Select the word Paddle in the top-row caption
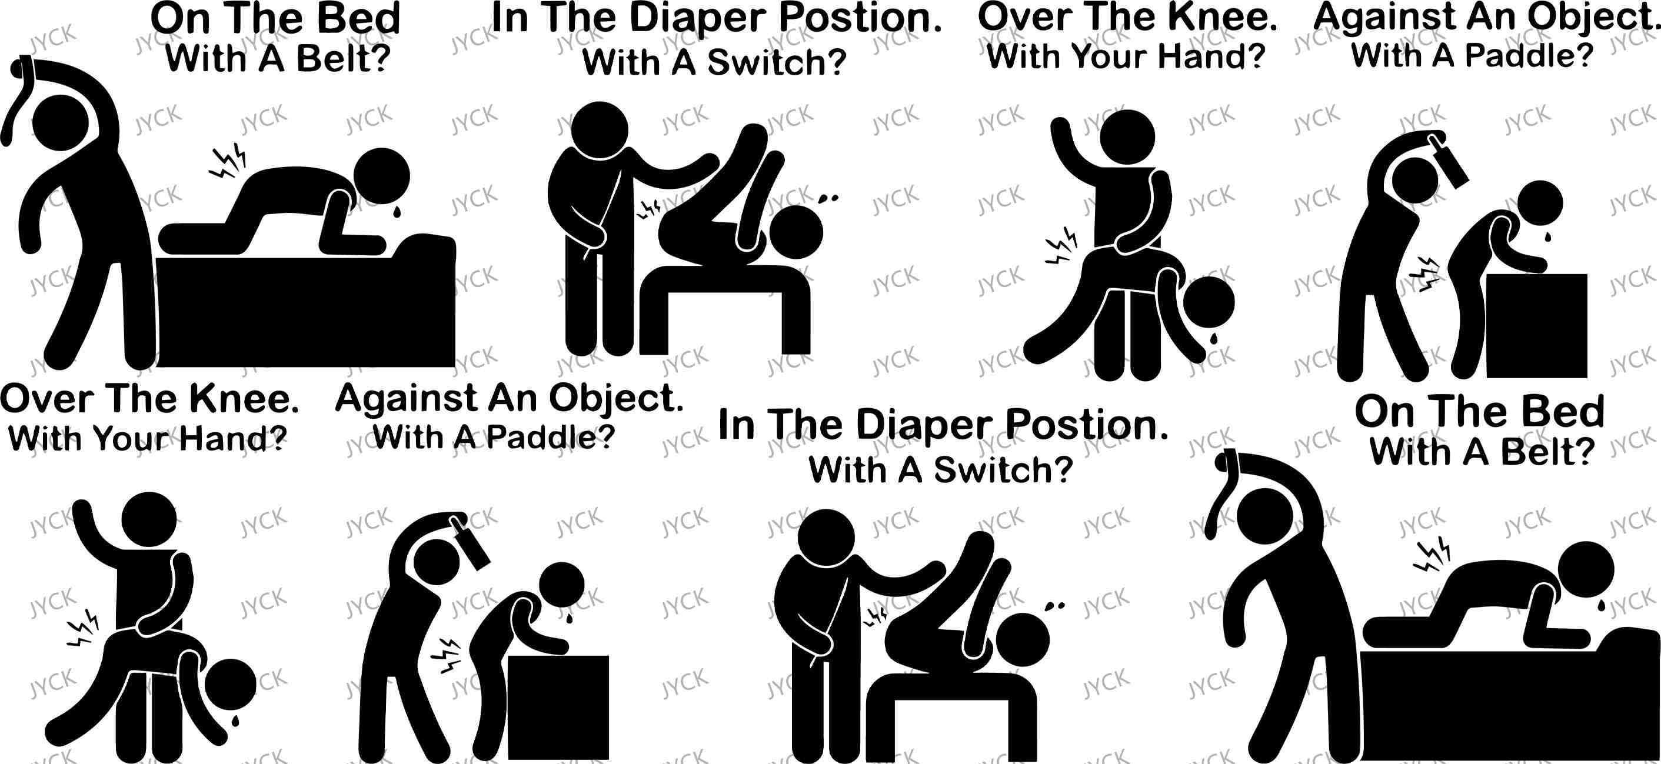click(x=1520, y=55)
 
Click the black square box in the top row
click(x=1536, y=326)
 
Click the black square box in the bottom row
click(x=558, y=708)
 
